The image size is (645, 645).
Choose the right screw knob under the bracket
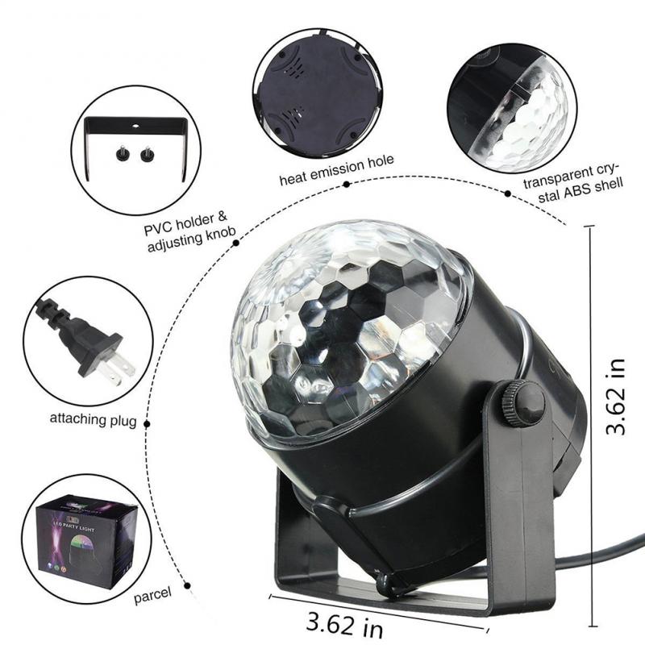147,152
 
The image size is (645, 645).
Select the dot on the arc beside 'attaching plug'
148,420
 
